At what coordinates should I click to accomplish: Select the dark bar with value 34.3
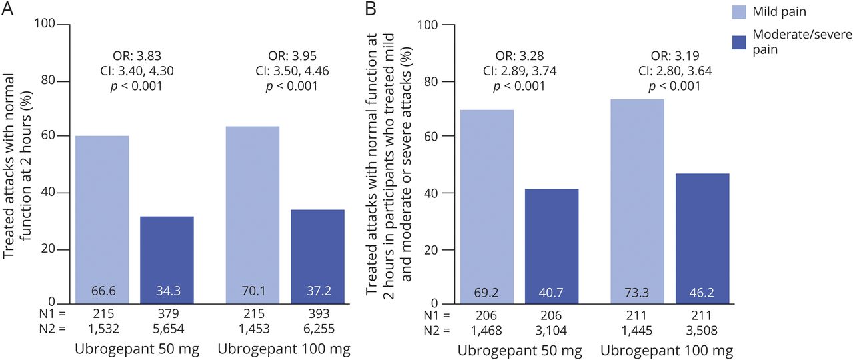pos(166,259)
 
